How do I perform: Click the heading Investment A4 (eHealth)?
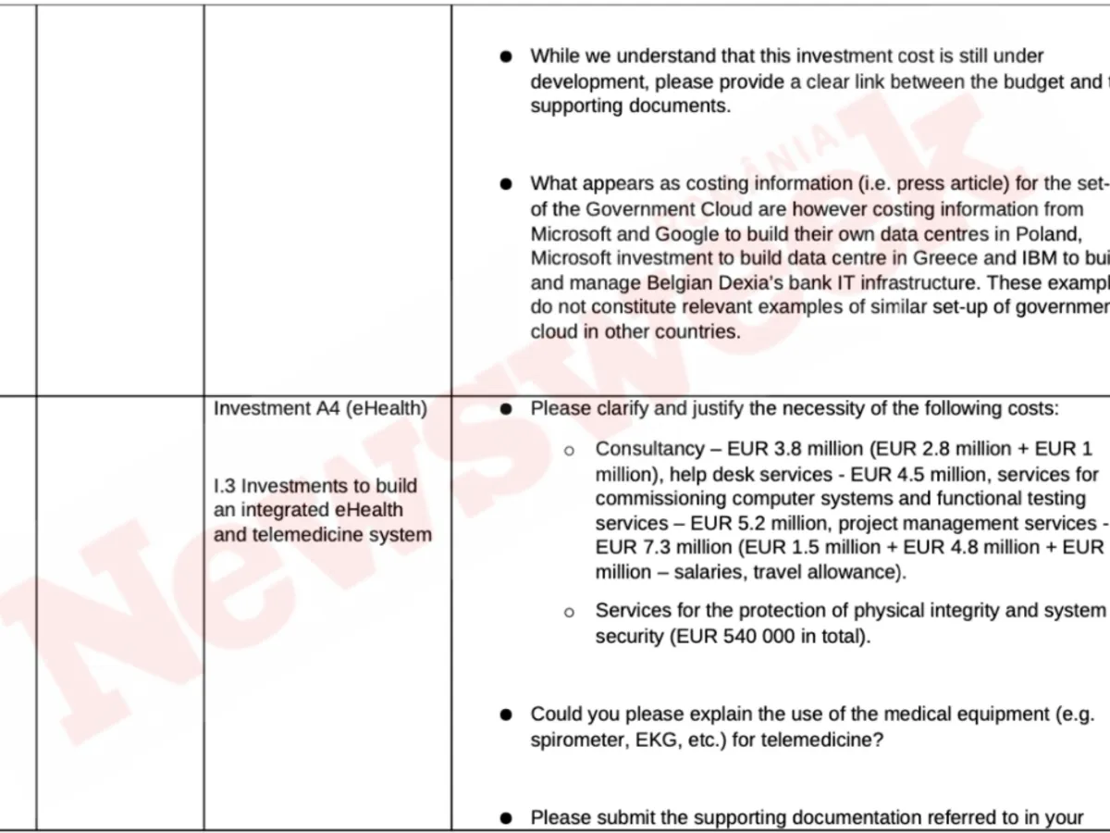click(320, 409)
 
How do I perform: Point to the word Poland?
click(1046, 233)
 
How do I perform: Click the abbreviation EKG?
click(663, 740)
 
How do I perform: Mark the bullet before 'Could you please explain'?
click(506, 715)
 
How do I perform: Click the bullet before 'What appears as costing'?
click(506, 184)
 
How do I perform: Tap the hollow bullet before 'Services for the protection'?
click(570, 612)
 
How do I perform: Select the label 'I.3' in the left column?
click(225, 486)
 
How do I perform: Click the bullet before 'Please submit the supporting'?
click(506, 818)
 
